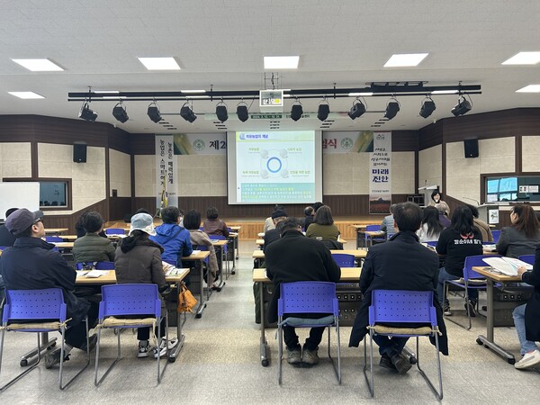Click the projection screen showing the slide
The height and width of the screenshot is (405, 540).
(274, 166)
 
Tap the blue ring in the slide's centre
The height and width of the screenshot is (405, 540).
(274, 165)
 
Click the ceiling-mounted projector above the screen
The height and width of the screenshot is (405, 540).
(271, 98)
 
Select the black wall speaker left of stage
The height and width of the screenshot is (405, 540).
(80, 153)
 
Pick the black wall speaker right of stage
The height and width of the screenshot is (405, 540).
(471, 148)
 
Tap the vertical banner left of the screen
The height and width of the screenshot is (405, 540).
(166, 171)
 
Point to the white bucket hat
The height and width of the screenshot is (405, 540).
(142, 222)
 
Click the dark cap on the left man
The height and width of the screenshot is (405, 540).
(22, 220)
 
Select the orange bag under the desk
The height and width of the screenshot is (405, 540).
(186, 299)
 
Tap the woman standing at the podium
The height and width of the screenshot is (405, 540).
(438, 202)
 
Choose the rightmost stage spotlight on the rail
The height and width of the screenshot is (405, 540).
(461, 107)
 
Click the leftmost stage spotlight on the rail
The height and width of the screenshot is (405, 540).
(87, 112)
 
